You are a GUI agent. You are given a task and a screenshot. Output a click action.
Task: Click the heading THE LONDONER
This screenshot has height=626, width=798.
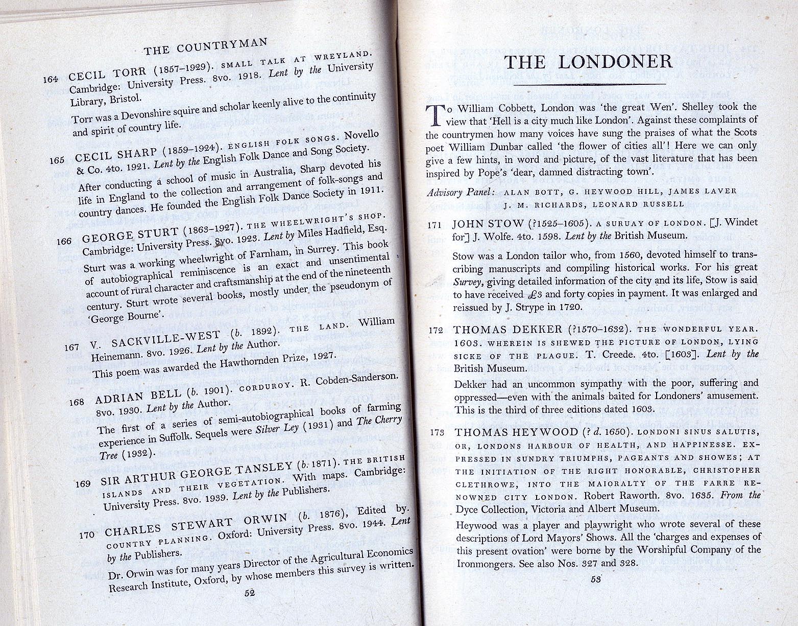pyautogui.click(x=588, y=62)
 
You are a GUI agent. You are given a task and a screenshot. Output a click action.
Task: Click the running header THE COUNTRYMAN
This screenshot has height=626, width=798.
pyautogui.click(x=205, y=46)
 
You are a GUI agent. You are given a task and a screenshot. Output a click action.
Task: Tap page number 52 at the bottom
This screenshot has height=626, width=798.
pyautogui.click(x=250, y=593)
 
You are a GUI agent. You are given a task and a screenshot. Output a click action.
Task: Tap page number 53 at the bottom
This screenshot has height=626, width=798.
pyautogui.click(x=595, y=579)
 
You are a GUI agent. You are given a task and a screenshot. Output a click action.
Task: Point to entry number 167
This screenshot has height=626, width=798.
pyautogui.click(x=72, y=347)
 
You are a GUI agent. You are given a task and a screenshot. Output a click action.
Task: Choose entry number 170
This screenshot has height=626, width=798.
pyautogui.click(x=87, y=535)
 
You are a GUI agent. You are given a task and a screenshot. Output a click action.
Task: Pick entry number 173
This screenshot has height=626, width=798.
pyautogui.click(x=437, y=432)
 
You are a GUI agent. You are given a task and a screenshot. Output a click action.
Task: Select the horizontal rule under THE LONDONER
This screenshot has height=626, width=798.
pyautogui.click(x=590, y=84)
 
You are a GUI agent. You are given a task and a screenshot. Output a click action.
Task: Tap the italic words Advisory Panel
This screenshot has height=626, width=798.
pyautogui.click(x=460, y=192)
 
